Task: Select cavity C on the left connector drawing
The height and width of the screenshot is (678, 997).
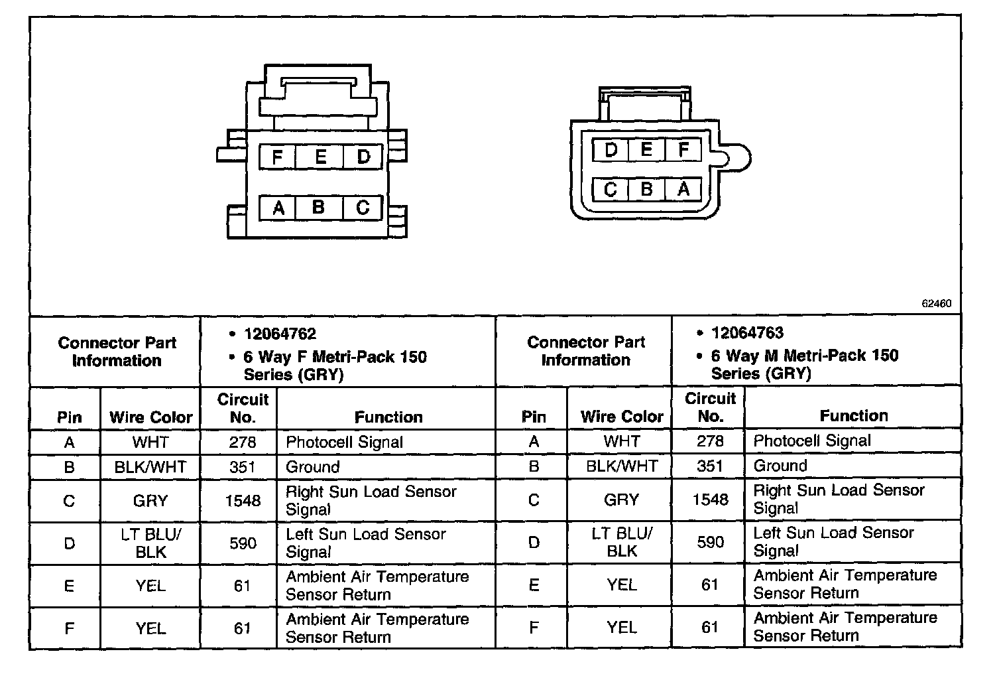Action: (x=363, y=208)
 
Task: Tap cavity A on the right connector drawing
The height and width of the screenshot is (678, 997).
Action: (x=683, y=190)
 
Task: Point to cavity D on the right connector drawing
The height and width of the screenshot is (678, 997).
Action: (x=611, y=150)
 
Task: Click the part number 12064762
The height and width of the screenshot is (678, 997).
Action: (x=280, y=334)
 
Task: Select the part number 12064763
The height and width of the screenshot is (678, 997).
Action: (x=747, y=332)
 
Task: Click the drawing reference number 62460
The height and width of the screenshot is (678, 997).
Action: (x=936, y=303)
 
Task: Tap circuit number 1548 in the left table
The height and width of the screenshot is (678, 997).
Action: (x=243, y=501)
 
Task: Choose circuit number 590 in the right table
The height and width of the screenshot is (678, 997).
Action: (x=710, y=542)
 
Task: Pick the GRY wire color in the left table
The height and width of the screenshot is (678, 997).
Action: (x=150, y=501)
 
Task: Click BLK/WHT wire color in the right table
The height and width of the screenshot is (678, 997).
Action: (x=622, y=466)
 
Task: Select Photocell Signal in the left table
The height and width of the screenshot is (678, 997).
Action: (x=344, y=442)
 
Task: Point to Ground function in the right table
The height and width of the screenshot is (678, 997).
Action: (x=780, y=466)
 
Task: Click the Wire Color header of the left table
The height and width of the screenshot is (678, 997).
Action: (x=150, y=417)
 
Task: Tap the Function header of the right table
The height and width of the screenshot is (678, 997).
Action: (x=853, y=416)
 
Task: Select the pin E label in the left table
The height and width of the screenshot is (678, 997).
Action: (x=69, y=586)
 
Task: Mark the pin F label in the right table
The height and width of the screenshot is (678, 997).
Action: (x=534, y=627)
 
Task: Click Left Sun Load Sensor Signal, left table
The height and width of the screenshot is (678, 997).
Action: (x=365, y=543)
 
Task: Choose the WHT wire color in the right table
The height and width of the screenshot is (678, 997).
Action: (x=622, y=441)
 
